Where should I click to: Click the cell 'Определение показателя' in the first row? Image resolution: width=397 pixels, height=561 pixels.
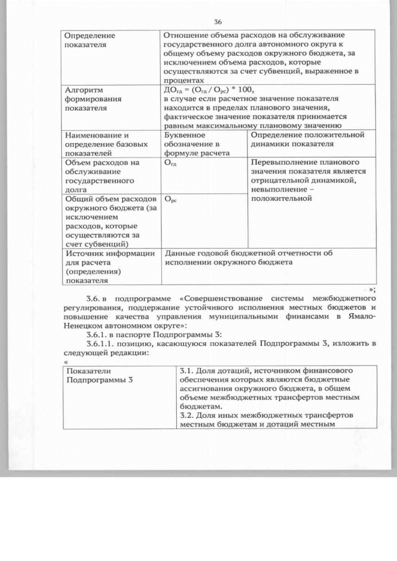point(90,40)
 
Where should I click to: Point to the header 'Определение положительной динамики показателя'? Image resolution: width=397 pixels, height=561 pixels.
point(307,139)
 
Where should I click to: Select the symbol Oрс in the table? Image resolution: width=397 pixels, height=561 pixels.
point(168,200)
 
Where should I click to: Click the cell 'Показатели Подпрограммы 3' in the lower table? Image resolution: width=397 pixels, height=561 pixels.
point(99,376)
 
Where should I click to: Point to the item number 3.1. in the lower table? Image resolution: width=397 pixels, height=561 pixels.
point(187,371)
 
